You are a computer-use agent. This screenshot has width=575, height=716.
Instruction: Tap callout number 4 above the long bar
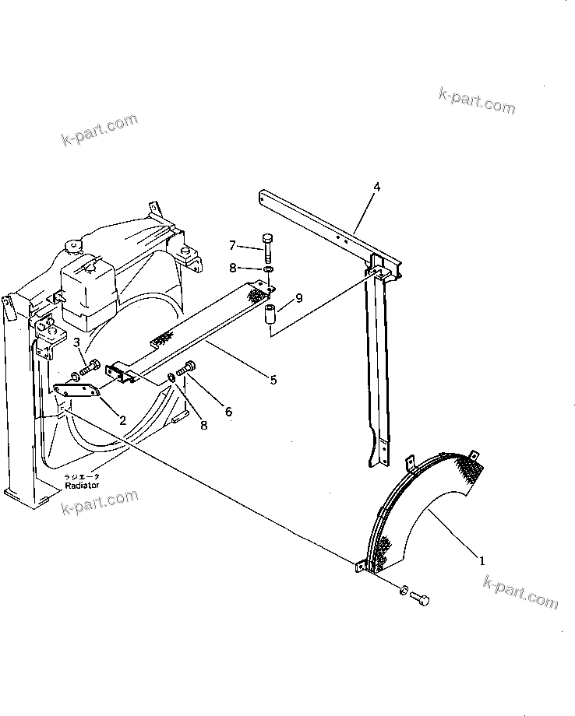tap(376, 187)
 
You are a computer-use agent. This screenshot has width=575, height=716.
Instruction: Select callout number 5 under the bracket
tap(273, 380)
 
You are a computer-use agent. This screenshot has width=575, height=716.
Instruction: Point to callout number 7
tap(232, 247)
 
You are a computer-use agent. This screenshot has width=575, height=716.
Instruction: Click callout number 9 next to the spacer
tap(299, 298)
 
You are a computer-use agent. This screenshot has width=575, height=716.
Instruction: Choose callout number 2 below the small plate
tap(122, 420)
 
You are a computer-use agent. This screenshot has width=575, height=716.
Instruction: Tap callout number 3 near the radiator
tap(76, 342)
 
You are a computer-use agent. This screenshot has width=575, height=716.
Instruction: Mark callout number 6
tap(228, 411)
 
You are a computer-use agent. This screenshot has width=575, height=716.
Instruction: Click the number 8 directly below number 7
tap(232, 268)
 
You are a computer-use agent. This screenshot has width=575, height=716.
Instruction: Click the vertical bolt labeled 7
tap(268, 247)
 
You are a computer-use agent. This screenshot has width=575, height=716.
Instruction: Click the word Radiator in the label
tap(83, 484)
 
